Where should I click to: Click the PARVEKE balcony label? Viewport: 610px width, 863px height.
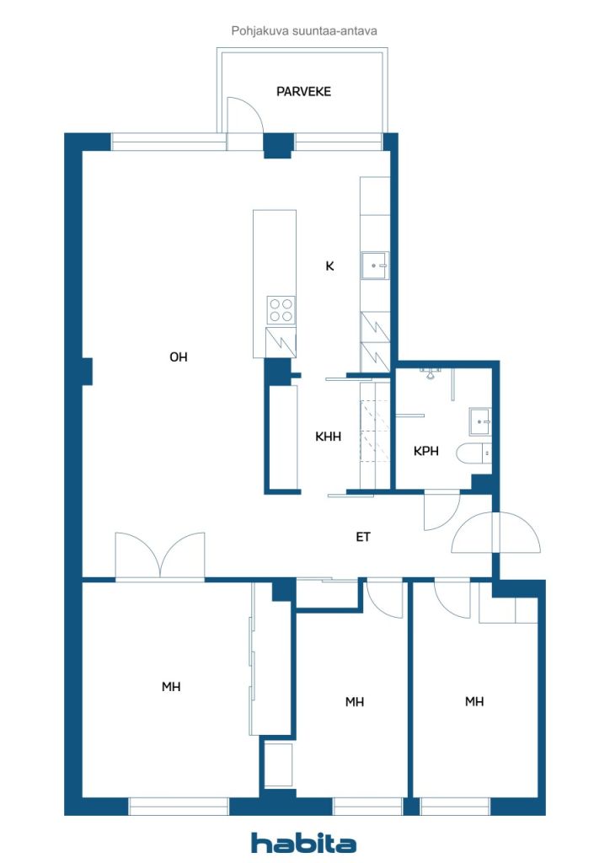303,91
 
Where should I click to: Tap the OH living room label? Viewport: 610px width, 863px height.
179,357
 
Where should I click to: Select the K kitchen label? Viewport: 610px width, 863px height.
329,266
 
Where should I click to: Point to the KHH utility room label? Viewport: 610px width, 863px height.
328,437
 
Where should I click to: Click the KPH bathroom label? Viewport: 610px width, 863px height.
425,452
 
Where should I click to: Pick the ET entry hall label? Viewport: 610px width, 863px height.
363,537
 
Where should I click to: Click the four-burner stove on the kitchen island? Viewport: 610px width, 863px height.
281,310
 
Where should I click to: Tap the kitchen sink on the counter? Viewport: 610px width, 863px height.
375,265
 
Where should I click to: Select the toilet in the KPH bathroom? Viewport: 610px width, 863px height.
474,453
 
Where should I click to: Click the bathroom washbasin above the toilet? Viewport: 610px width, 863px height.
480,421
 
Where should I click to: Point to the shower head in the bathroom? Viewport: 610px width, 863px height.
431,373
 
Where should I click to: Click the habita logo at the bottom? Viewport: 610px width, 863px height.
303,843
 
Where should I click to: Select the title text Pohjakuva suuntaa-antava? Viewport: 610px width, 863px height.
304,31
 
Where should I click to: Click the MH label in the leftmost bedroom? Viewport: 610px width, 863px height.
171,687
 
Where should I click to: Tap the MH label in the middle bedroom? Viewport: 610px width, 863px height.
355,702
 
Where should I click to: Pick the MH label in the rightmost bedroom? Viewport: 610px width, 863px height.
474,702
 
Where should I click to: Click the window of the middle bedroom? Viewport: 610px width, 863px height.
367,807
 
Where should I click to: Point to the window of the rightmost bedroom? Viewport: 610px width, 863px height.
455,807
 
